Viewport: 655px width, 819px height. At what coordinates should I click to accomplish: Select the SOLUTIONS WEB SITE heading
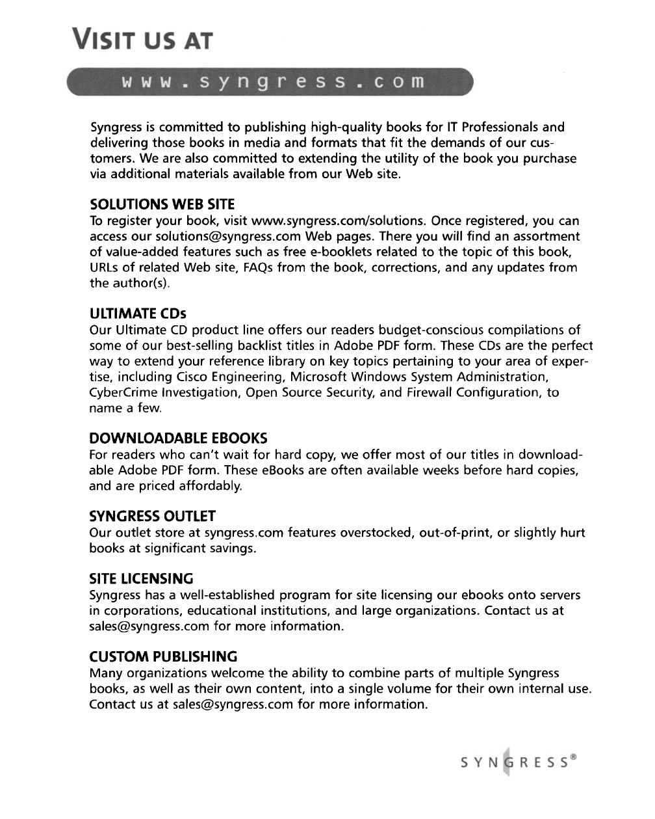click(162, 205)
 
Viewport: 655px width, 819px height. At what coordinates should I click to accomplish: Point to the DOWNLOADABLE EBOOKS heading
click(178, 438)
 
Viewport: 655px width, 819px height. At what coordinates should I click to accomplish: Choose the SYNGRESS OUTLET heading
click(152, 517)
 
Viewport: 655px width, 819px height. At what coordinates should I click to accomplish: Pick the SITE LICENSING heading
click(141, 579)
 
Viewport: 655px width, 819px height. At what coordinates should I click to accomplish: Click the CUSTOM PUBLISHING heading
click(163, 656)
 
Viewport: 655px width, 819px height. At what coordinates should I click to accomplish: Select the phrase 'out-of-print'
click(454, 533)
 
